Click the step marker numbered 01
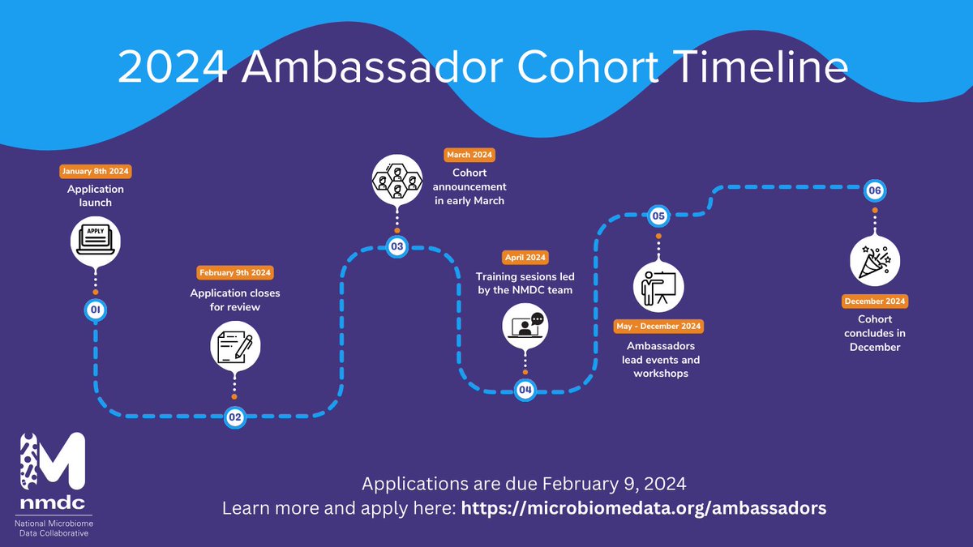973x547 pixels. coord(95,309)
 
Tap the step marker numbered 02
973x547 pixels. coord(234,417)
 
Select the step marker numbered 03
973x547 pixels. coord(396,246)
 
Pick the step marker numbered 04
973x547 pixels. coord(525,391)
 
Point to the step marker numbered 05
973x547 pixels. coord(658,216)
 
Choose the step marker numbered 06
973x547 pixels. coord(874,190)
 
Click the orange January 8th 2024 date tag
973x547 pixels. coord(95,172)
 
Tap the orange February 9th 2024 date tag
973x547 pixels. coord(234,272)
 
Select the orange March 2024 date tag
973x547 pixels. coord(469,154)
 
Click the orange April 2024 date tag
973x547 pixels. coord(525,257)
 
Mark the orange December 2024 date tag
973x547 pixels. coord(874,301)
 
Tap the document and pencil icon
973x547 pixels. coord(234,344)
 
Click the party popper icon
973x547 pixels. coord(874,259)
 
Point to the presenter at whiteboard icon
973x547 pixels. coord(658,285)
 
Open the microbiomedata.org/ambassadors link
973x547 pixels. coord(644,509)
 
